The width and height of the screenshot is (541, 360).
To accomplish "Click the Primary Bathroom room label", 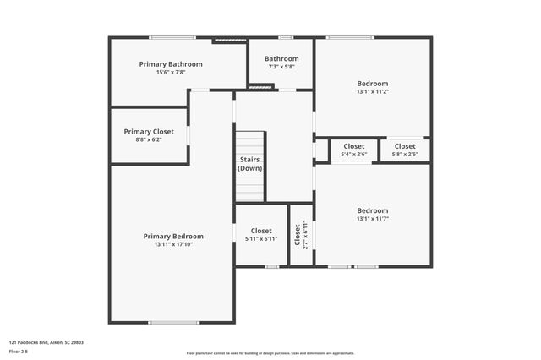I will pyautogui.click(x=171, y=64).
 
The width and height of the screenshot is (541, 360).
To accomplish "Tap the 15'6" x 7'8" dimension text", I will pyautogui.click(x=171, y=73).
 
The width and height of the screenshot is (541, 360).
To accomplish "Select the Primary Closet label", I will pyautogui.click(x=149, y=132).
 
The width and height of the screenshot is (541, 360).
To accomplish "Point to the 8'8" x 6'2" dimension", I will pyautogui.click(x=149, y=140).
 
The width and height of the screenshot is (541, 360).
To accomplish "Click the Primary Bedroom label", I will pyautogui.click(x=173, y=237).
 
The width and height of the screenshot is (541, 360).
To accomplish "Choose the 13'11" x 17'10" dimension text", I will pyautogui.click(x=173, y=245).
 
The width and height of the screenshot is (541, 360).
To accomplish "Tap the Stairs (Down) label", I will pyautogui.click(x=249, y=163).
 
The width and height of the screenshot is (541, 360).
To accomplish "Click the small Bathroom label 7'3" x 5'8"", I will pyautogui.click(x=281, y=59).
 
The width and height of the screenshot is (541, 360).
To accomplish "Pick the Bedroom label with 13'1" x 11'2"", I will pyautogui.click(x=372, y=84).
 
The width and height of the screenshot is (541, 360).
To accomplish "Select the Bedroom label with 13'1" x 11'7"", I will pyautogui.click(x=372, y=210).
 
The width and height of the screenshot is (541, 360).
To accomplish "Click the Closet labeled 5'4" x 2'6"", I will pyautogui.click(x=353, y=146).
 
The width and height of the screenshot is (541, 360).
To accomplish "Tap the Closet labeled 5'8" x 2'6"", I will pyautogui.click(x=405, y=146).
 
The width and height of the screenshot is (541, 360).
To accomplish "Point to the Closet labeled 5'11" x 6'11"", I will pyautogui.click(x=261, y=231).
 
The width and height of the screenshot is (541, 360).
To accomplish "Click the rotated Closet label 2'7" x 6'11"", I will pyautogui.click(x=298, y=234).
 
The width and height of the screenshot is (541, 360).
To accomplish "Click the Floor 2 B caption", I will pyautogui.click(x=19, y=351).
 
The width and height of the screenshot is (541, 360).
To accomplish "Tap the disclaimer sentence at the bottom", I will pyautogui.click(x=270, y=353).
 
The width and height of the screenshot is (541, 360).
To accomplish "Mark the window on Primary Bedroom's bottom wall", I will pyautogui.click(x=173, y=322).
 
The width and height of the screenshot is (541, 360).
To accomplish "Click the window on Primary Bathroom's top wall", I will pyautogui.click(x=172, y=37).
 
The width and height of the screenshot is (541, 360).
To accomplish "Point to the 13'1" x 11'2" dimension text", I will pyautogui.click(x=372, y=92).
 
